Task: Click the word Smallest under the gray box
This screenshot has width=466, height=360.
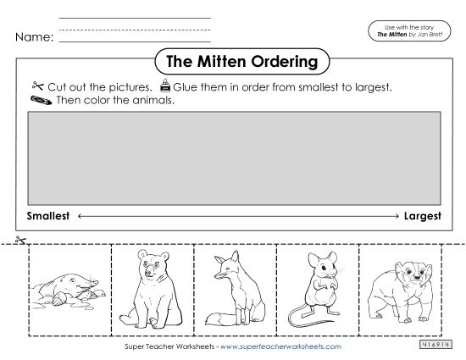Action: point(48,216)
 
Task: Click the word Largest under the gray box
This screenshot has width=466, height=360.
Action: point(422,216)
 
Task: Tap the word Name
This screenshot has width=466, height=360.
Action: point(34,37)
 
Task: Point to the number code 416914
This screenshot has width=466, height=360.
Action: point(434,346)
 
